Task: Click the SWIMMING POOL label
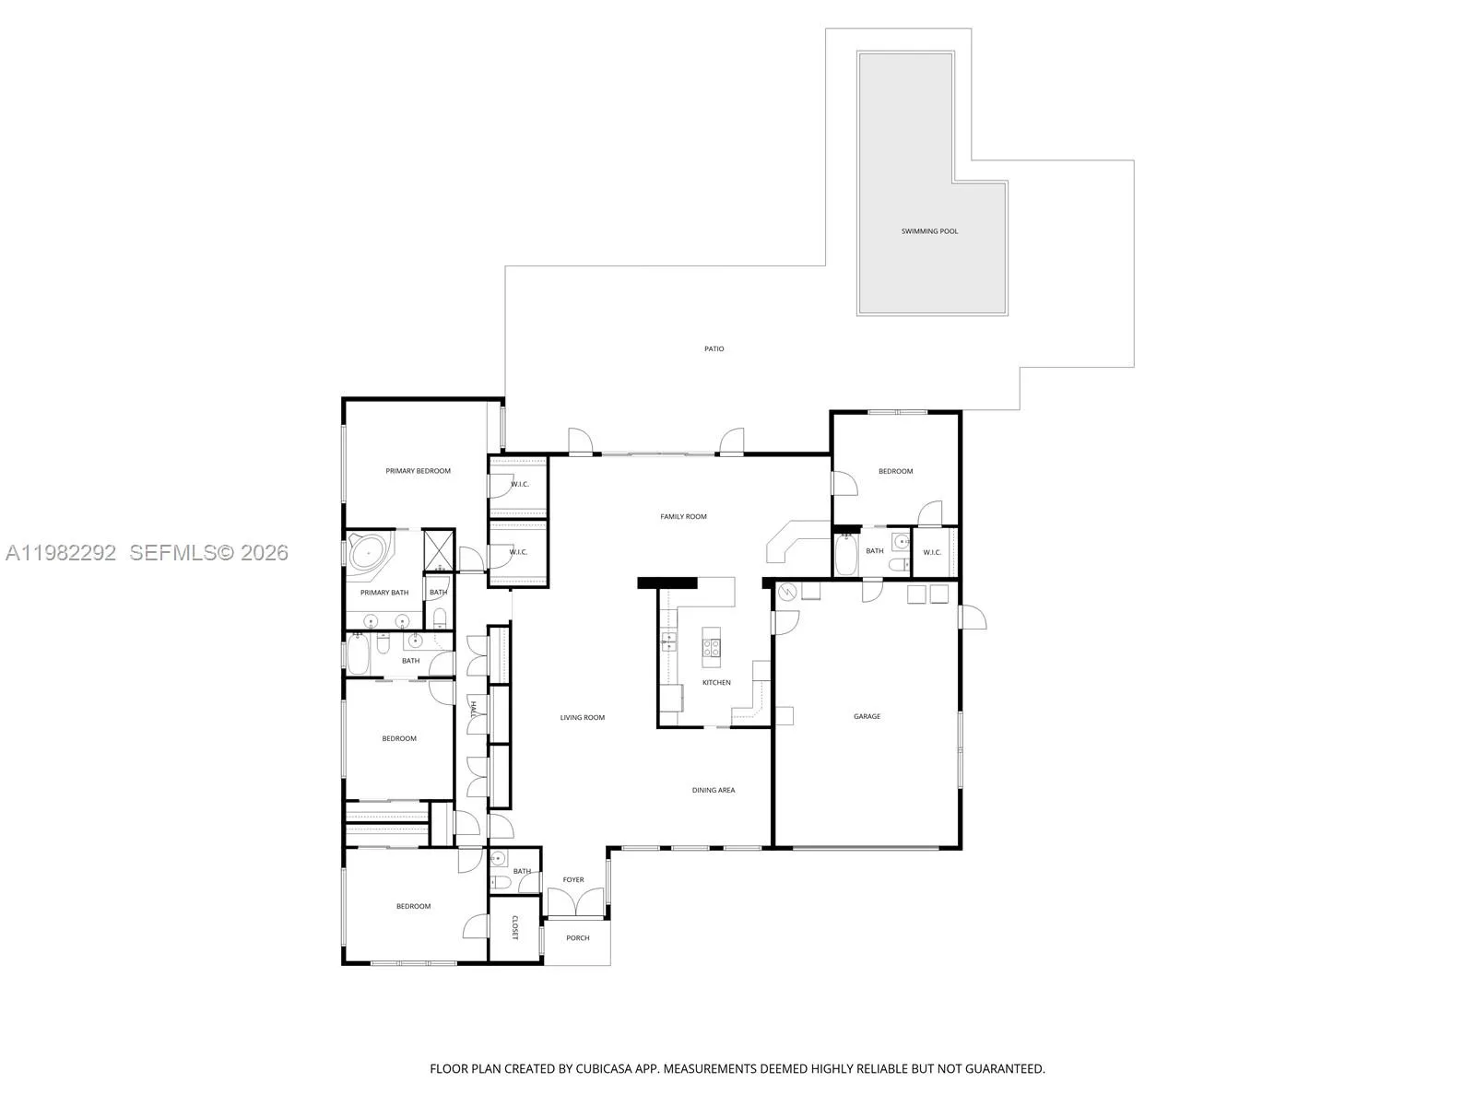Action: (929, 231)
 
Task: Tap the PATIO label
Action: (714, 349)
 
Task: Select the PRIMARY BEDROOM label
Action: (418, 471)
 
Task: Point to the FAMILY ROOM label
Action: (683, 517)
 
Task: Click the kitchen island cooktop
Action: (712, 647)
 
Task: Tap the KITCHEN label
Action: (716, 683)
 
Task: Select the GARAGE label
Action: (867, 716)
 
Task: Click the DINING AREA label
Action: (714, 790)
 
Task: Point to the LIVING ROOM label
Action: (583, 718)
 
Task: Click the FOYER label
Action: (573, 880)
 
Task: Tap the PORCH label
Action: (577, 938)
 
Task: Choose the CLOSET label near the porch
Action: (514, 928)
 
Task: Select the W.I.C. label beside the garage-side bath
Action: (932, 553)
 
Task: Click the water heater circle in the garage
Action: (787, 593)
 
